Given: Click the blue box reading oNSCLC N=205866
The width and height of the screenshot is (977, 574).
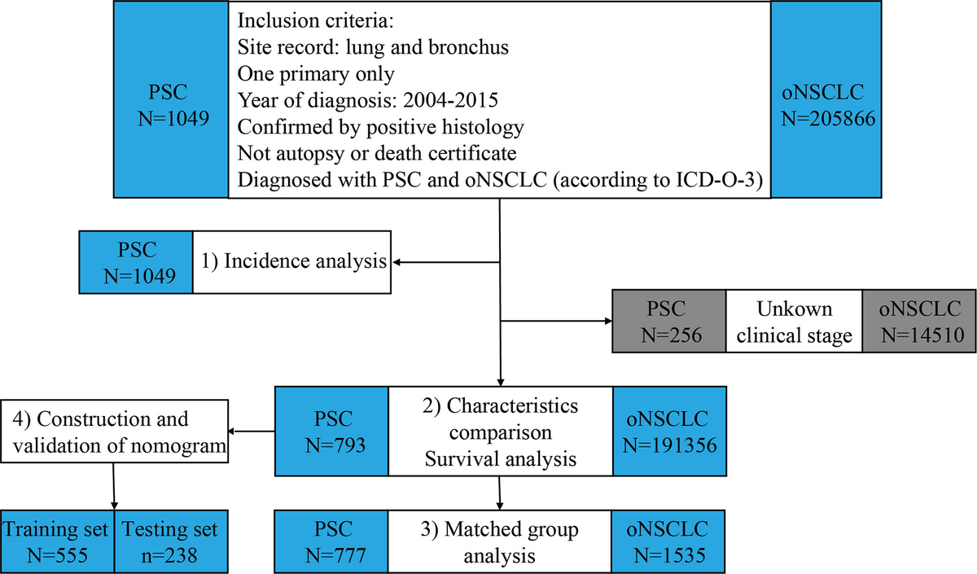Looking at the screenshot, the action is (x=826, y=99).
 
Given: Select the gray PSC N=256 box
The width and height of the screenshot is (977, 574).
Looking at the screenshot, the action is (x=669, y=321).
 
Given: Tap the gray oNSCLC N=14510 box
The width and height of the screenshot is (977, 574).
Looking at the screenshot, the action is (x=919, y=321).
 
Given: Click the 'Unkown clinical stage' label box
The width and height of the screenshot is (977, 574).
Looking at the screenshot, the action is (x=795, y=321).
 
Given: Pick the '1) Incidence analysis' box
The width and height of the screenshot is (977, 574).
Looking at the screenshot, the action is (x=291, y=262).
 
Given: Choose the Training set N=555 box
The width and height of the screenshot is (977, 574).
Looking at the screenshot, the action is (x=57, y=541).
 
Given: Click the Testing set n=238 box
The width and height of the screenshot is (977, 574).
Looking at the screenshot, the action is (x=171, y=541).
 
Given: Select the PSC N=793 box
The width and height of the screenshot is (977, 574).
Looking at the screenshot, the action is (x=332, y=431).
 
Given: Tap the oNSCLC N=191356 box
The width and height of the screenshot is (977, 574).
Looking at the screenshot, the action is (x=669, y=431).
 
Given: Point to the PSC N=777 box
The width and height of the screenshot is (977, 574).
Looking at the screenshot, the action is (x=331, y=541).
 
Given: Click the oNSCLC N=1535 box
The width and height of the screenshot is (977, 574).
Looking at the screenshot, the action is (x=668, y=541).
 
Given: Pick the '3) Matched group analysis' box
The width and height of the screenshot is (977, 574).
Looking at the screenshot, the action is (x=499, y=541).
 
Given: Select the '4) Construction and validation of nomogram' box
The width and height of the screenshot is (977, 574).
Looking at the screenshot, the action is (x=114, y=432).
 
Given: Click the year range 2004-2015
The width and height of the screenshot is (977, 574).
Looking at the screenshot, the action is (x=450, y=100).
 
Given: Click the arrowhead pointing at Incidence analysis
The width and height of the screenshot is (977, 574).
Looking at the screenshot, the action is (x=396, y=262).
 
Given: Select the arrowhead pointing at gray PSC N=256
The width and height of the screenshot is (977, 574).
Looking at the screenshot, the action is (x=608, y=321).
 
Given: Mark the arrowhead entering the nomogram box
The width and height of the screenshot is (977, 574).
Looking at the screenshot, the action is (x=231, y=432).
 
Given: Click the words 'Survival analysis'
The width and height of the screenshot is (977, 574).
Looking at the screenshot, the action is (x=501, y=459).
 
